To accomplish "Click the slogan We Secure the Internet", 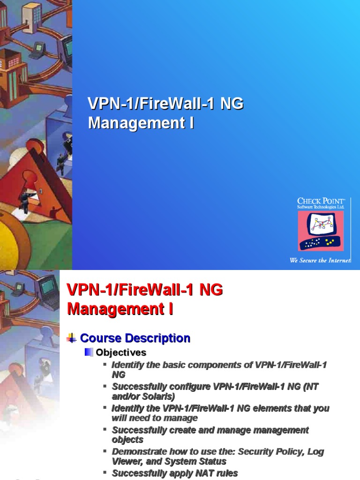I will tap(321, 260).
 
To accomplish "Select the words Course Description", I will tap(135, 338).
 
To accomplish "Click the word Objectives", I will tap(121, 352).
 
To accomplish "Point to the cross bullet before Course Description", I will tap(72, 338).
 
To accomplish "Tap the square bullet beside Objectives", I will tap(89, 352).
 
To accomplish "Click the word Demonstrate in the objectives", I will tap(135, 452).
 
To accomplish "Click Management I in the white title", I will tap(141, 123).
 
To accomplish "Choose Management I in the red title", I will tap(120, 309).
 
